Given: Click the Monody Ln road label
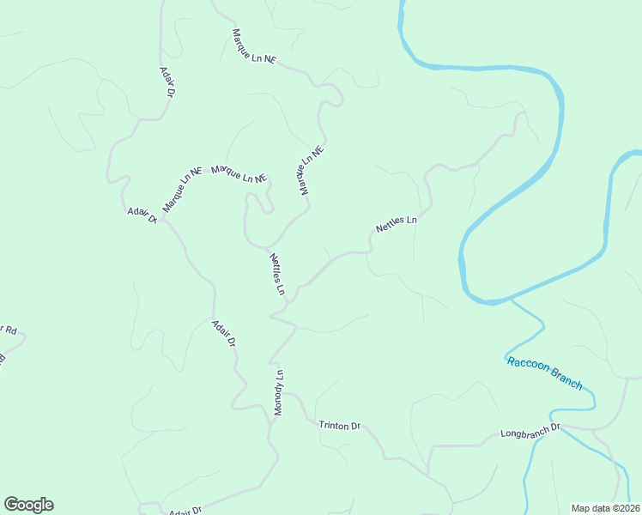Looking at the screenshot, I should pyautogui.click(x=278, y=393).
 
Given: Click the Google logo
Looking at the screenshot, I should pyautogui.click(x=28, y=504).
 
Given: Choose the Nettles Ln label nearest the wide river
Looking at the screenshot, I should pyautogui.click(x=396, y=225).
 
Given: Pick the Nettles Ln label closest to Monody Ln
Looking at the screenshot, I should pyautogui.click(x=277, y=274).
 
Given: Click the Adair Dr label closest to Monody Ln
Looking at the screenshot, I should pyautogui.click(x=223, y=333).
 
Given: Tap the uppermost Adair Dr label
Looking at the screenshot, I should pyautogui.click(x=168, y=82).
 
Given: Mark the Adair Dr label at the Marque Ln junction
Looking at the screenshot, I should pyautogui.click(x=142, y=215).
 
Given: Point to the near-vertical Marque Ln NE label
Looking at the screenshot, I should pyautogui.click(x=311, y=170).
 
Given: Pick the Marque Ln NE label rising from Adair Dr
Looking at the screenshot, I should pyautogui.click(x=181, y=190).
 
